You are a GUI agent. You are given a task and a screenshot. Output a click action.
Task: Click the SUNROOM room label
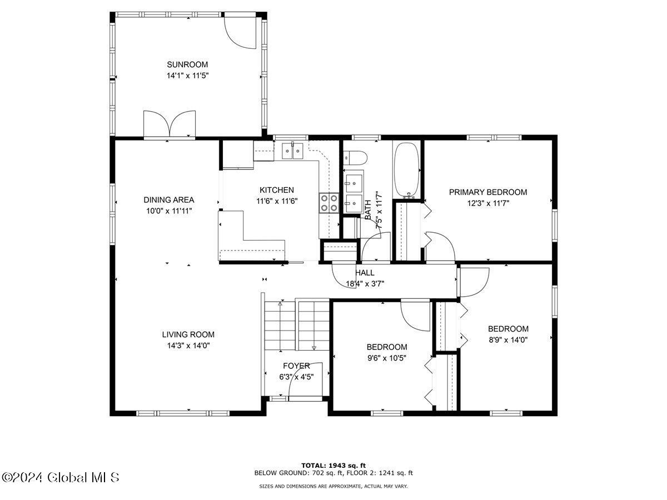[187, 64]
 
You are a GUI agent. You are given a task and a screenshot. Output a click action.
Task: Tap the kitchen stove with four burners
[329, 203]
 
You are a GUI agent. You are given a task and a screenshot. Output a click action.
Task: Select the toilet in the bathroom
[355, 158]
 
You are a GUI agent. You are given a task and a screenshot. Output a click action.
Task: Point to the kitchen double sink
[292, 150]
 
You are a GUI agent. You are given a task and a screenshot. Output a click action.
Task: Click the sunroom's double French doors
[170, 124]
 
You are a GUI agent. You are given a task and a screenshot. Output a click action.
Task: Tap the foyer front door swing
[305, 379]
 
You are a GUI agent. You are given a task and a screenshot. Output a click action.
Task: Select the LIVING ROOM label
[188, 334]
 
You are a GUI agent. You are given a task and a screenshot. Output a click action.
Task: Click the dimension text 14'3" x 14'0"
[188, 346]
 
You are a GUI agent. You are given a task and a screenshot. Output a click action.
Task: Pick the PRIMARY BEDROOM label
[488, 192]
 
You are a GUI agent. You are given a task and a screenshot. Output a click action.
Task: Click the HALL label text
[365, 273]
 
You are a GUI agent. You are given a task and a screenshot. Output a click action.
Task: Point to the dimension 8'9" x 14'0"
[508, 339]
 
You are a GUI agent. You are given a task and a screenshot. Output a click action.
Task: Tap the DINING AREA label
[169, 200]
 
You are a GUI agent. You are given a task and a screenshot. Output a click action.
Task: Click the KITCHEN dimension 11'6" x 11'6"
[277, 201]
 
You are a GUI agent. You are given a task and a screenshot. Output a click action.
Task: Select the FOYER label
[297, 366]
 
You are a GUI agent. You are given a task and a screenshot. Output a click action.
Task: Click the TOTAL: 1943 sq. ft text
[333, 466]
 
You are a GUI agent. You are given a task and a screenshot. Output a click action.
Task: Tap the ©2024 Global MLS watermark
[60, 478]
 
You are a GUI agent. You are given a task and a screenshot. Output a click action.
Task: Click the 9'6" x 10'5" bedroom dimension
[387, 358]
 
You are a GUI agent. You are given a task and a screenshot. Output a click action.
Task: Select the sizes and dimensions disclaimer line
[333, 486]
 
